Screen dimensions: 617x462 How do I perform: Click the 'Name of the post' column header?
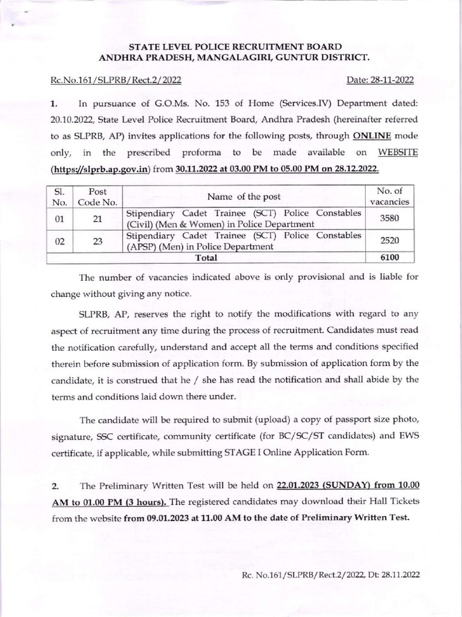point(244,196)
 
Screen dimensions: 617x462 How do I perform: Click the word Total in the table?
point(206,257)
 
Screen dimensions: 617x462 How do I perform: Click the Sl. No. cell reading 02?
point(60,240)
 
